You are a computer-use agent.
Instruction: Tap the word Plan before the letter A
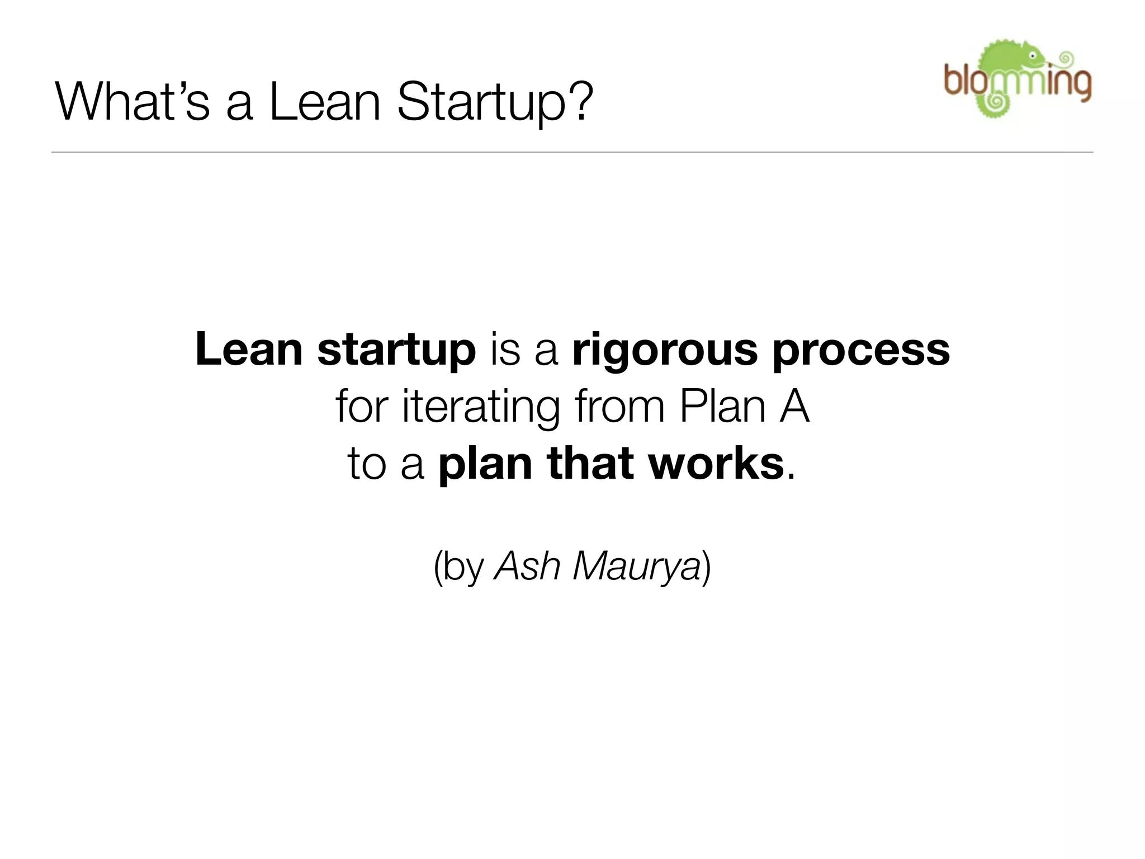click(722, 407)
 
